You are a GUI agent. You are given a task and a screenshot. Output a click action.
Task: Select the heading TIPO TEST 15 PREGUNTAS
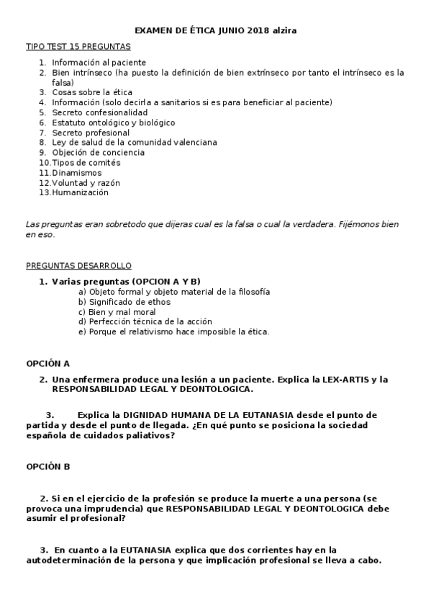pos(78,46)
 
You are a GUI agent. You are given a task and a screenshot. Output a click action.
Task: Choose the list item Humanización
pos(80,192)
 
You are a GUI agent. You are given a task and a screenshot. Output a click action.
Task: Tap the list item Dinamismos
pos(76,173)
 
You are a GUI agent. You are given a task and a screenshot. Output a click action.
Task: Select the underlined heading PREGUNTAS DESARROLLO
pos(78,266)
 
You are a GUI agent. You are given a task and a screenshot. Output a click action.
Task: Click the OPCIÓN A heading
pos(48,364)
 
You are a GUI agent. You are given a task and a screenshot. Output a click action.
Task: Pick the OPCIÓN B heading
pos(48,466)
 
